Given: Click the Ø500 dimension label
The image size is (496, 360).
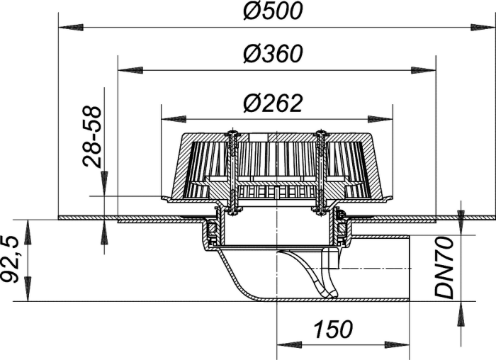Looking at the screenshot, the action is (x=273, y=11).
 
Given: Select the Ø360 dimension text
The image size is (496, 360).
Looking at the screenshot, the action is (x=273, y=53).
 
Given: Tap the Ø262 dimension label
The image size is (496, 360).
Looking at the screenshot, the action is (x=273, y=103).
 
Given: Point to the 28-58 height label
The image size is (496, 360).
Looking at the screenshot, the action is (x=92, y=137).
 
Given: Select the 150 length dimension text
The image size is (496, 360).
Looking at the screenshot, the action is (x=333, y=329).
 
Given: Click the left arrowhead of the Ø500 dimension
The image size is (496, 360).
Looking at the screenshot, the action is (x=71, y=28).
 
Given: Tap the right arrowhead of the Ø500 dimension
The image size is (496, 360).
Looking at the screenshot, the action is (x=483, y=28).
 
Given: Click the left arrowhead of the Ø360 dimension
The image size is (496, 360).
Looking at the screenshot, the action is (x=130, y=70).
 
